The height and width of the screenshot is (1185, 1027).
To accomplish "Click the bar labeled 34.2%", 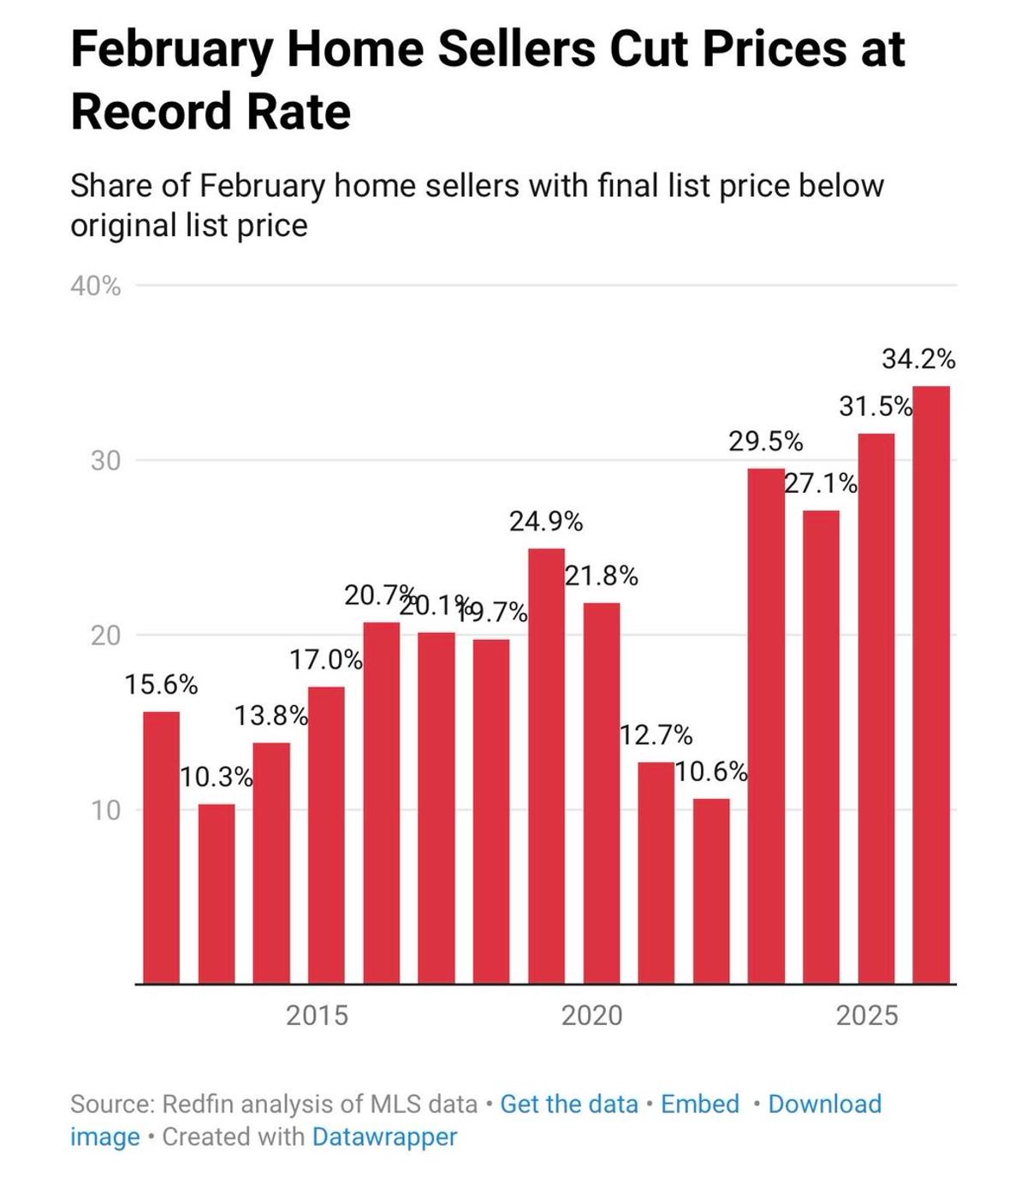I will click(931, 684).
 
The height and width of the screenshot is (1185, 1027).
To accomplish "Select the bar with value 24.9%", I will click(546, 766).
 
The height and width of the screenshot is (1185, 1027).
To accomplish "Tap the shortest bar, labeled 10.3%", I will click(217, 894).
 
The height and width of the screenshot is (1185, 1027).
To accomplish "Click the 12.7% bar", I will click(656, 873).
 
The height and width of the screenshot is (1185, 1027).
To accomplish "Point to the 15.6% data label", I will click(161, 685).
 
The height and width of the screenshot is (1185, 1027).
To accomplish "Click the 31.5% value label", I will click(876, 406).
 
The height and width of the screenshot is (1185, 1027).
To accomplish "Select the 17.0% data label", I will click(325, 660).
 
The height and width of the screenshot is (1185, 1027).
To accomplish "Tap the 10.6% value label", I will click(711, 772).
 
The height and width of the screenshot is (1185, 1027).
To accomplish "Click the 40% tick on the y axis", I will click(96, 287).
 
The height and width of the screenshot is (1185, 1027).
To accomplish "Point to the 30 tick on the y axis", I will click(106, 461).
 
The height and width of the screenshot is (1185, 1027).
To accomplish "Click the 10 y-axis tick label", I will click(106, 810).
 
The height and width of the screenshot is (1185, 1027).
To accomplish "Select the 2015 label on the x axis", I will click(317, 1016).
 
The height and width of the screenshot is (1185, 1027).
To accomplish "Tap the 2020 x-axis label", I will click(591, 1016).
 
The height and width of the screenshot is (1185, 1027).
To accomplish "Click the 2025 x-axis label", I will click(867, 1016).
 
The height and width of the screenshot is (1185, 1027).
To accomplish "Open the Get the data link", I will click(569, 1104).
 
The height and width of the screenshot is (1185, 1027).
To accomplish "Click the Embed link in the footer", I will click(700, 1104).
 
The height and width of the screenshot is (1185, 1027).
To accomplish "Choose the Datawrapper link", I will click(384, 1137).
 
